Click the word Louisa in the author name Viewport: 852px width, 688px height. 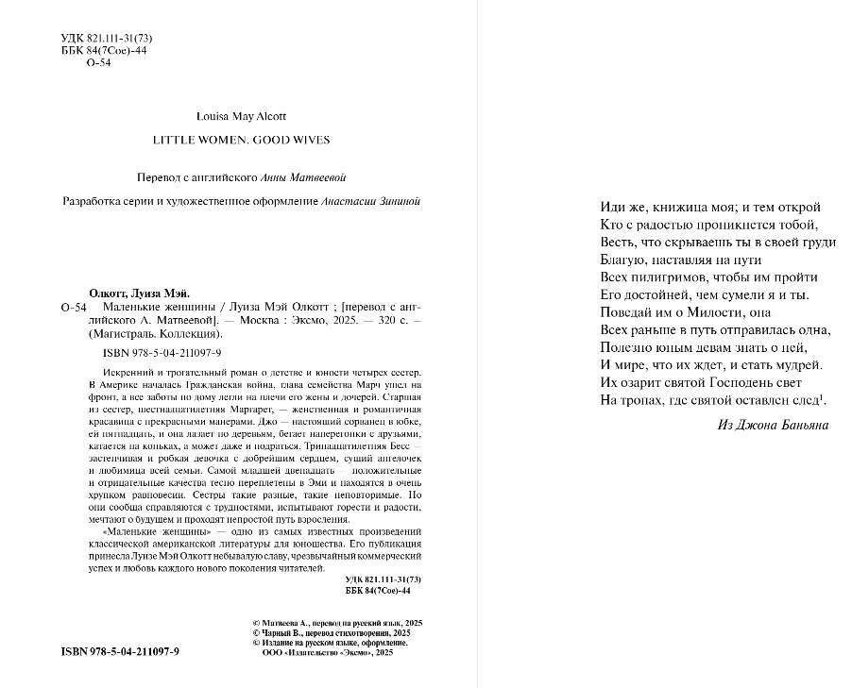coord(213,116)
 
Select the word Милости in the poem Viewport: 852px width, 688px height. coord(707,311)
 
